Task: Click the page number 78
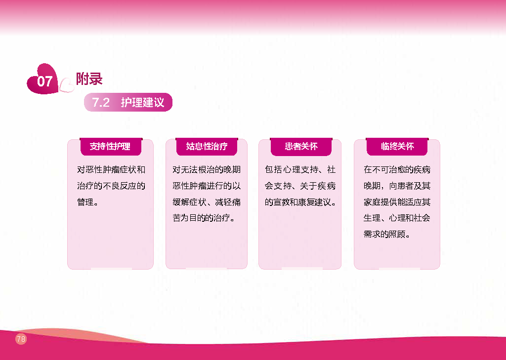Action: (x=21, y=339)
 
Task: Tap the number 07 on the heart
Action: (x=44, y=81)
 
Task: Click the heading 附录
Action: (x=89, y=79)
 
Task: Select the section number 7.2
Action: (x=101, y=102)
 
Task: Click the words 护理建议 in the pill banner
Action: (x=143, y=102)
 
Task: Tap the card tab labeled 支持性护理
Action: (x=110, y=147)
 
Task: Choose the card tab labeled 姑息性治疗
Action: (x=207, y=147)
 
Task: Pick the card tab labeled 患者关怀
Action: (x=301, y=147)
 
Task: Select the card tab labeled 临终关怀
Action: (x=397, y=147)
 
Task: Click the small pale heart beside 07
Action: (x=67, y=85)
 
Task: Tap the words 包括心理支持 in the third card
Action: (x=292, y=170)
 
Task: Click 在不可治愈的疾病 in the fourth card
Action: (x=397, y=170)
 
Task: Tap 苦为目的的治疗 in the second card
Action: (x=202, y=218)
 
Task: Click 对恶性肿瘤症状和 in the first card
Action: (x=111, y=170)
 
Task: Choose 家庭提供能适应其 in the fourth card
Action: (x=397, y=202)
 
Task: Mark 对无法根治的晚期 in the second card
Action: (x=207, y=170)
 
